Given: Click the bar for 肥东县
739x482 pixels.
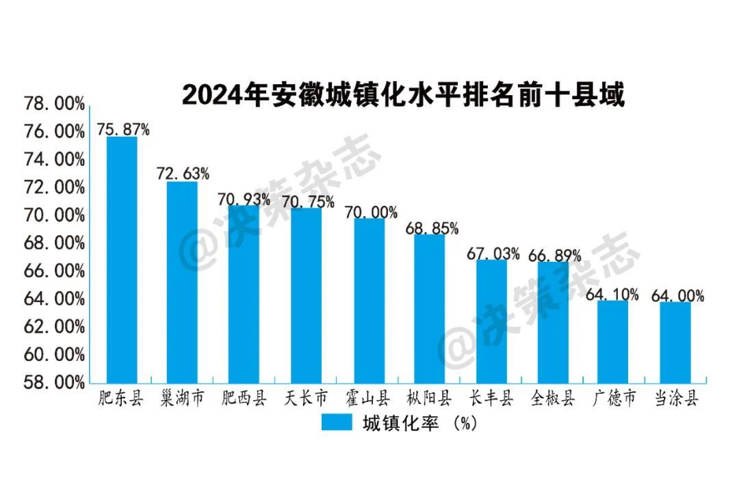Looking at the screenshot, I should click(x=122, y=260).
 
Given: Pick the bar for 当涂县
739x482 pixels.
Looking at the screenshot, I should click(x=675, y=342).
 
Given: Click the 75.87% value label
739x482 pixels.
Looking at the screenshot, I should click(x=122, y=129).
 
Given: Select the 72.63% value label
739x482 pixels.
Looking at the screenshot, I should click(x=183, y=173).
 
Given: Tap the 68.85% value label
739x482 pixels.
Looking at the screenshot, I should click(x=432, y=227).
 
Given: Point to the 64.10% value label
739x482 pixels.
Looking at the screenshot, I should click(x=613, y=294).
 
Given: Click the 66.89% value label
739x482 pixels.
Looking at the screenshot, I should click(x=555, y=256).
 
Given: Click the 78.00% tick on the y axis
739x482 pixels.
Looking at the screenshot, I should click(x=54, y=105).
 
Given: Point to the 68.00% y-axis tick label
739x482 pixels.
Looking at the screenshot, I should click(x=54, y=243).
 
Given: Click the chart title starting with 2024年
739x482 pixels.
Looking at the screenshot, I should click(x=403, y=95).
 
